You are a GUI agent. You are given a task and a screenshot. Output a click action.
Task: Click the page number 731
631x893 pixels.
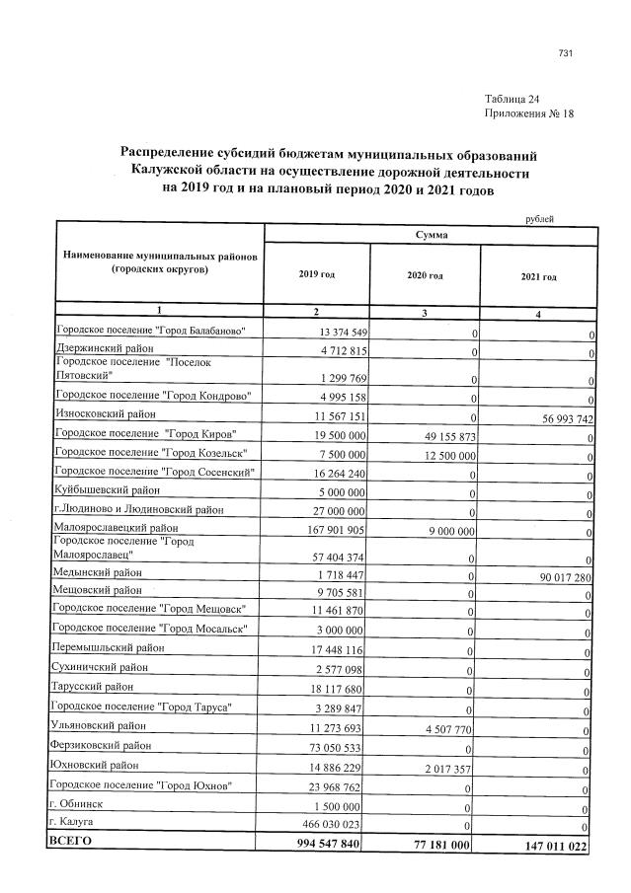(x=565, y=53)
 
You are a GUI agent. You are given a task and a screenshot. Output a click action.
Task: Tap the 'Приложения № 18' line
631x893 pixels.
(x=529, y=114)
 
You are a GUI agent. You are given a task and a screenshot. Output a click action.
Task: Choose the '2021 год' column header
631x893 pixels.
(x=538, y=277)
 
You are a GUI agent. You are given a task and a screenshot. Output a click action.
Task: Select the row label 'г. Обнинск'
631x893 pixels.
(x=76, y=803)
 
